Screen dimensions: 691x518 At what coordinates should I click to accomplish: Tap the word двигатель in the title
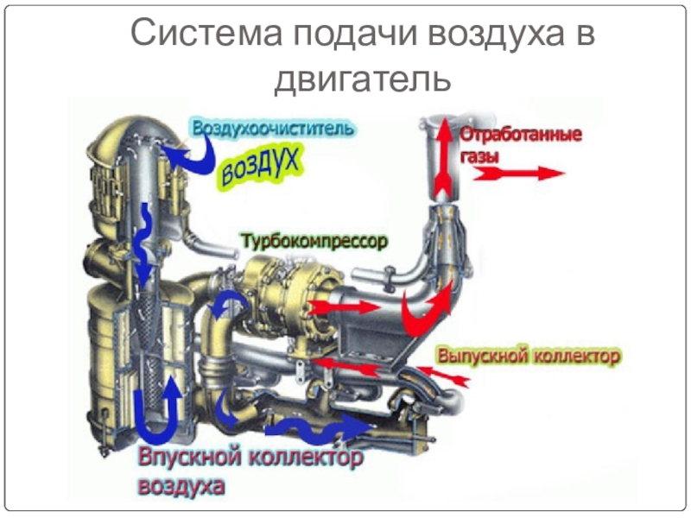point(363,79)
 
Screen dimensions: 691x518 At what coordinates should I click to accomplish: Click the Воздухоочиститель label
point(273,129)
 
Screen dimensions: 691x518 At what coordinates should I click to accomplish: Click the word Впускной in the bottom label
point(189,456)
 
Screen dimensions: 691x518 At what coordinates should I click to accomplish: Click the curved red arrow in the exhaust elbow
point(432,306)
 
